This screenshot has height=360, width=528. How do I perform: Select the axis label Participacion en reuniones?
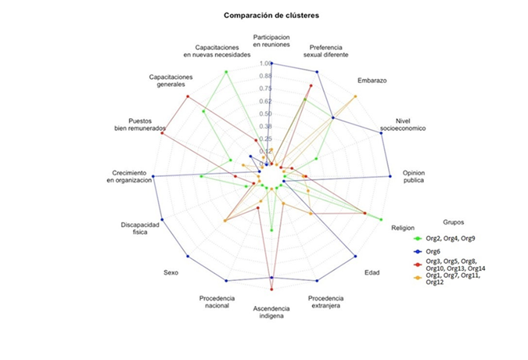(x=271, y=41)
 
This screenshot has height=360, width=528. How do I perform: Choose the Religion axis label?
(x=404, y=228)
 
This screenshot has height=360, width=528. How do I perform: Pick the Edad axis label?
(x=373, y=272)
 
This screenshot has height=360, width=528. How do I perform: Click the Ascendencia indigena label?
(x=271, y=312)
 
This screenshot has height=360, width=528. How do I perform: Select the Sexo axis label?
(x=170, y=272)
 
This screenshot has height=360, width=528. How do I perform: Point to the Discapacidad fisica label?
(x=139, y=228)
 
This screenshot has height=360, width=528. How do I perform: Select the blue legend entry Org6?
(x=432, y=251)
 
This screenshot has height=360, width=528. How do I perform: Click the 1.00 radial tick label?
(x=264, y=63)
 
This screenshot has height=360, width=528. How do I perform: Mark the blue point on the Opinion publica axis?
(x=390, y=177)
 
